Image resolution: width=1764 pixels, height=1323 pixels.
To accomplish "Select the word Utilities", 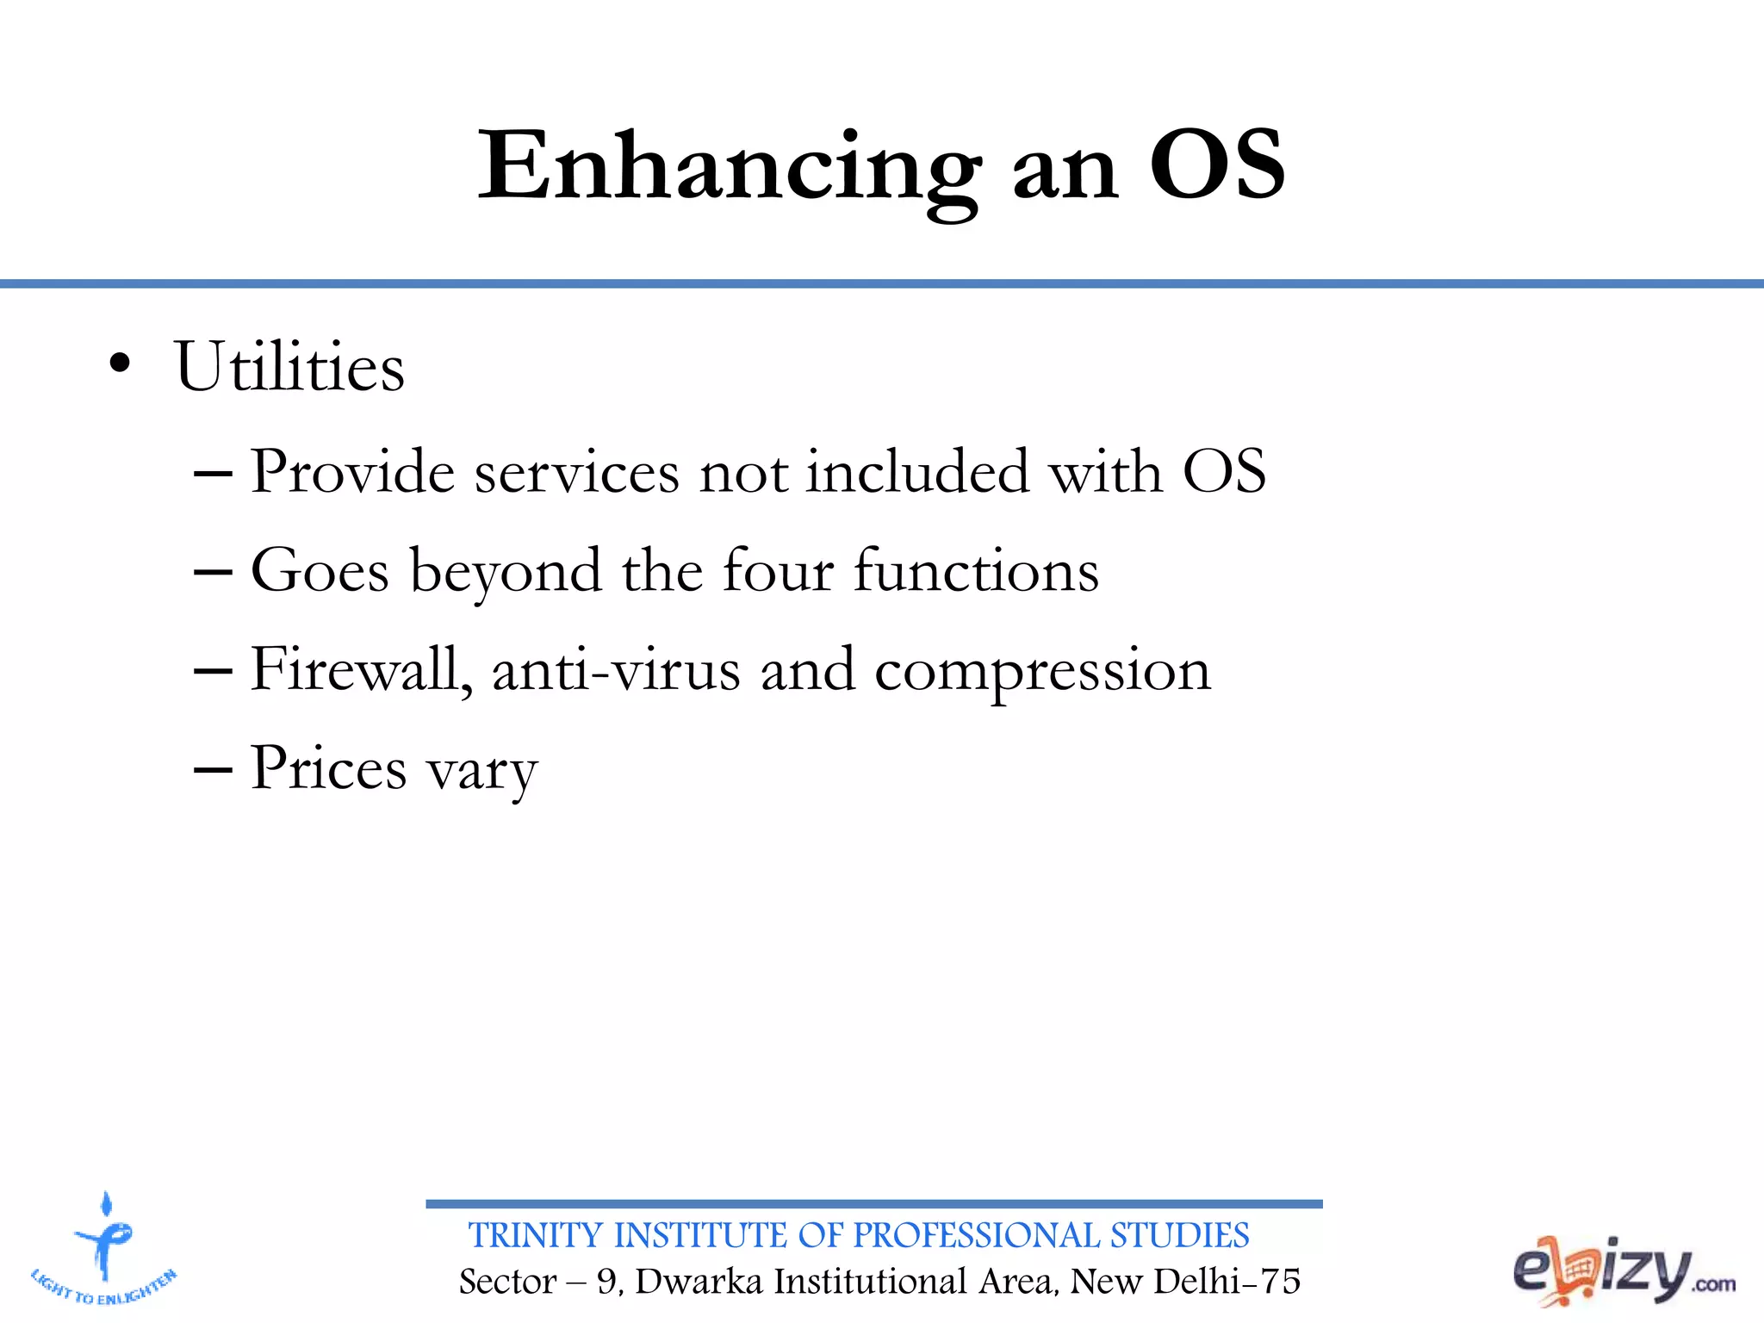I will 289,368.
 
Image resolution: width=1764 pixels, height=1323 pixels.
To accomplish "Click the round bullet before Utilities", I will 121,364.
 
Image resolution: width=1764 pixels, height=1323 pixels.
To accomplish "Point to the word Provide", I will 351,473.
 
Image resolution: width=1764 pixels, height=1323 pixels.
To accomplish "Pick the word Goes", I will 320,572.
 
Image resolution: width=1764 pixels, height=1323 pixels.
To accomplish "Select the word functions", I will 976,572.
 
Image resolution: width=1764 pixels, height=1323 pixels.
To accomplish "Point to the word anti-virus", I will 616,671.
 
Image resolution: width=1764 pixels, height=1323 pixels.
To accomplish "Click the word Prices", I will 328,769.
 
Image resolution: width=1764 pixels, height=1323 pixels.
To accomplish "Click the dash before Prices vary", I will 213,769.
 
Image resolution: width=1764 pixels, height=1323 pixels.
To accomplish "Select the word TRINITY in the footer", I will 535,1236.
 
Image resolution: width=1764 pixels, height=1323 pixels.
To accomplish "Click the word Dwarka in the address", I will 699,1282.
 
